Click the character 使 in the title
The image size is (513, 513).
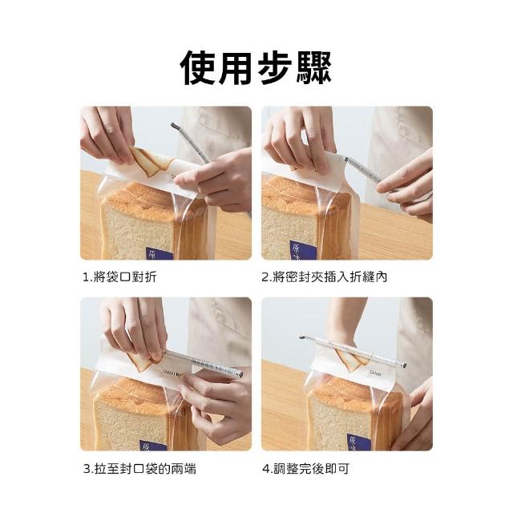coord(199,67)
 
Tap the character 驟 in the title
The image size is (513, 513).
coord(313,67)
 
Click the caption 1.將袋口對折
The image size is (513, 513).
coord(119,277)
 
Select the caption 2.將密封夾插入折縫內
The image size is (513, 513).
coord(324,277)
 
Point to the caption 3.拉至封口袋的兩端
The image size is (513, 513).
coord(139,469)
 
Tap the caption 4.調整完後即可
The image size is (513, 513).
coord(306,469)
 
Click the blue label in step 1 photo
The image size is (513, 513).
coord(159,253)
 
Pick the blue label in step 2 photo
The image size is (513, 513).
coord(303,250)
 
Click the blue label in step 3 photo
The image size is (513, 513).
coord(153,446)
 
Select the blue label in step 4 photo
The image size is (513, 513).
coord(358,442)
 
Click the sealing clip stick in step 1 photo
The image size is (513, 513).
coord(190,143)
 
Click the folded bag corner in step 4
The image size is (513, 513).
coord(351,360)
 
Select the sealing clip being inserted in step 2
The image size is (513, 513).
coord(363,171)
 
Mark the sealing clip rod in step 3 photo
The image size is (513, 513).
coord(203,364)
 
